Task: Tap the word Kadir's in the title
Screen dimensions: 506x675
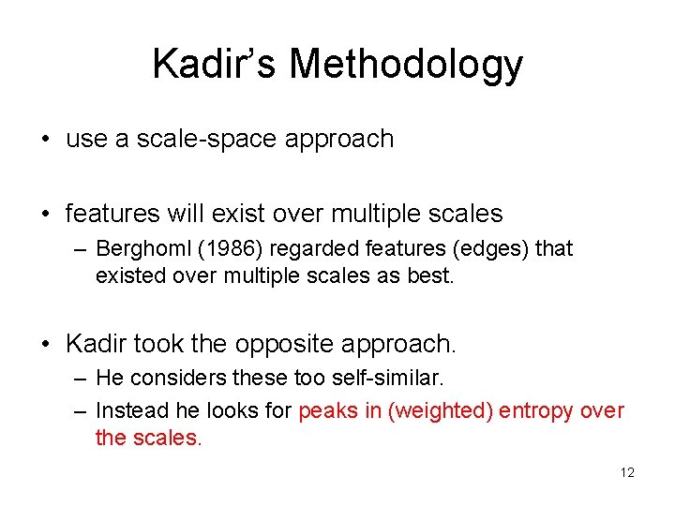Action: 216,64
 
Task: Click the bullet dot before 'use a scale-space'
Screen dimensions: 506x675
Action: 45,140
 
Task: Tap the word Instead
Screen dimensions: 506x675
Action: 132,410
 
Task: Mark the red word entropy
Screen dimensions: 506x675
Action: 536,410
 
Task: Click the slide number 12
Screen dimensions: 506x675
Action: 627,472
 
